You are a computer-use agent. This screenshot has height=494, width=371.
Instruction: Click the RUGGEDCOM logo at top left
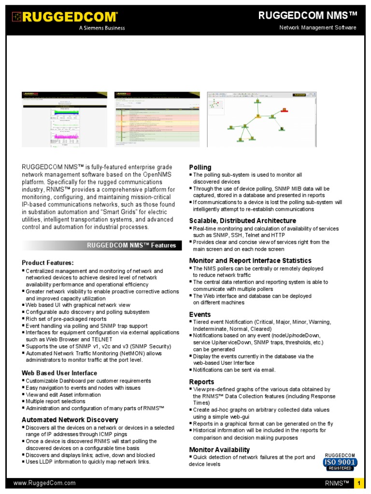[65, 17]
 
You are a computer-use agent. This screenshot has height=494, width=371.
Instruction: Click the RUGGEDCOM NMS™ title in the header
[308, 16]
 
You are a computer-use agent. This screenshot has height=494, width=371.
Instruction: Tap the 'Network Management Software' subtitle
[318, 27]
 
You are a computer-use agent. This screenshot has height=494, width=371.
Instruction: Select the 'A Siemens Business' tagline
[102, 28]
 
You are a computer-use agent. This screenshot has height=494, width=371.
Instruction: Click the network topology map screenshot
[263, 119]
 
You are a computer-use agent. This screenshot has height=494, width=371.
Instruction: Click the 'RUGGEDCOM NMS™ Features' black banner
[131, 246]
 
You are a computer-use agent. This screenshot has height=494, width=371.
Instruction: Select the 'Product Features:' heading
[48, 263]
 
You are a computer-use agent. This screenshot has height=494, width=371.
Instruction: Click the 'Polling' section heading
[200, 167]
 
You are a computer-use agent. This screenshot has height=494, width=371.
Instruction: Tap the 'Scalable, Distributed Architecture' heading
[243, 220]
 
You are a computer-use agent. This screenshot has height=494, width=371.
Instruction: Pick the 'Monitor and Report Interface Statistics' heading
[250, 261]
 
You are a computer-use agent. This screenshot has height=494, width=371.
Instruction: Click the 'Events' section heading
[200, 315]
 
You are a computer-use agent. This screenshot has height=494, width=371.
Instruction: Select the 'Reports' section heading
[201, 382]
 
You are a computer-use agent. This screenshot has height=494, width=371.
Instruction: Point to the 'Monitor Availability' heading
[219, 450]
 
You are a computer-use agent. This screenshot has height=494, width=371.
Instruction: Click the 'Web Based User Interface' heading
[59, 373]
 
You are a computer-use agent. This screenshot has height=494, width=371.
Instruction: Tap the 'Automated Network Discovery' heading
[70, 420]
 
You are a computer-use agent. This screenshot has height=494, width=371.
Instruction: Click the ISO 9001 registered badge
[340, 462]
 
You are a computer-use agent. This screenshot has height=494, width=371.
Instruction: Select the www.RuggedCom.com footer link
[44, 483]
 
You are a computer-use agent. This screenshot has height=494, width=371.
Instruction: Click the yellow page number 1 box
[359, 483]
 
